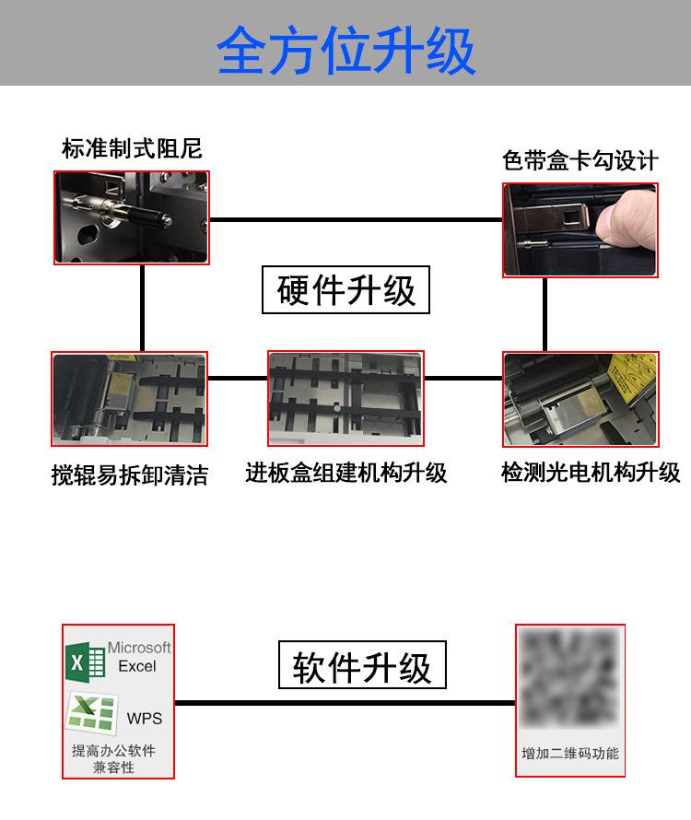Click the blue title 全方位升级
[345, 50]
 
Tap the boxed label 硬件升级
[345, 290]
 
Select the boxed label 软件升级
[362, 665]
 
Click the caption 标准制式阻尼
[132, 148]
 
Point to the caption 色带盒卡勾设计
[580, 160]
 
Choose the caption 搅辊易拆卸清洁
[130, 475]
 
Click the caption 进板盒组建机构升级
[346, 474]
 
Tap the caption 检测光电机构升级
[591, 473]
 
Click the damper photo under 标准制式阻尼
[132, 217]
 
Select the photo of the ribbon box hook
[580, 230]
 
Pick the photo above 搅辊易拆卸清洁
[129, 399]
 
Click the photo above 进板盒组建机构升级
[345, 399]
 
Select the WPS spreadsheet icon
[91, 713]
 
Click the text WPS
[145, 719]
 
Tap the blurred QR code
[569, 678]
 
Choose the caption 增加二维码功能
[570, 754]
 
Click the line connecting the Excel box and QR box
[345, 703]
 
